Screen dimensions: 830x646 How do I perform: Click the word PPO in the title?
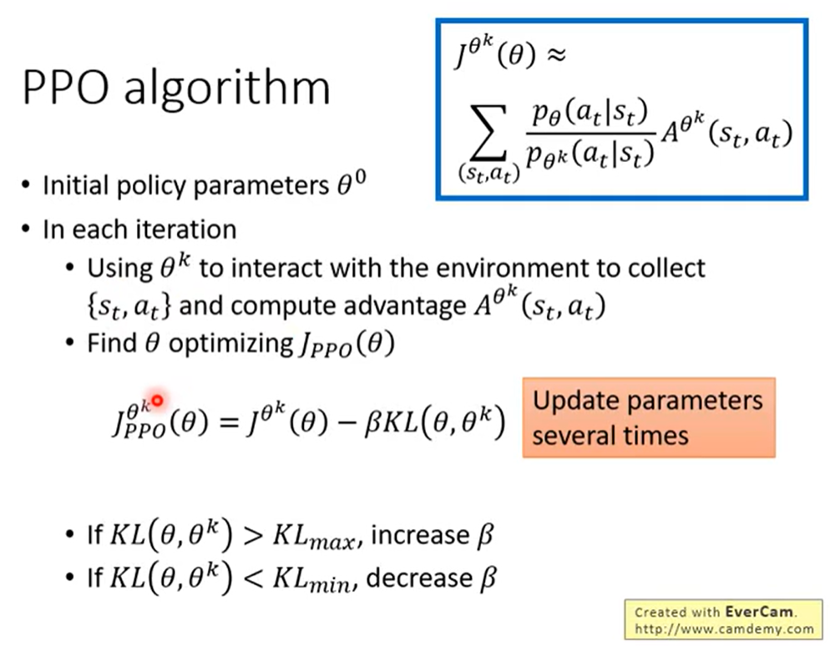66,88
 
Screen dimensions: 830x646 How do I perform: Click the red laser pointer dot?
157,401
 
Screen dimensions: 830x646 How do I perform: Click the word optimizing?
230,344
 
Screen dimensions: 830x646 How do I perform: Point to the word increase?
420,536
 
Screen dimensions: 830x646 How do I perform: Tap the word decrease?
418,578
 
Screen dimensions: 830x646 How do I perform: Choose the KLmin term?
312,579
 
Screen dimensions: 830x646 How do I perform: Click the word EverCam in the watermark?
758,612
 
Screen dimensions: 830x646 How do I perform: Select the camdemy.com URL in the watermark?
724,629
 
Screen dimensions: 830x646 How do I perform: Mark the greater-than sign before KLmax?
253,536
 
